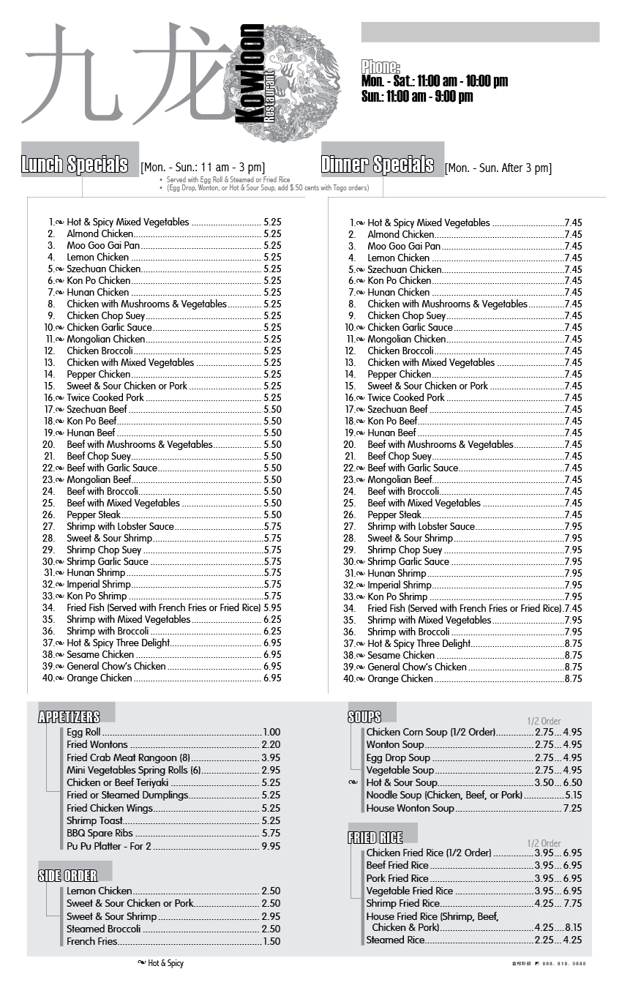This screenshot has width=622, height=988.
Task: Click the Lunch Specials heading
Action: pos(75,165)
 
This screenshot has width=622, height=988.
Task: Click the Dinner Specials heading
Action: pos(378,165)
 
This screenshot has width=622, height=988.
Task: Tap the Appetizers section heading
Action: pos(69,716)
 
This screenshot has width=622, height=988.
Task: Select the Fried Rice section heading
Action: pos(375,838)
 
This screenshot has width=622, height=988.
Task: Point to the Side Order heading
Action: pos(67,875)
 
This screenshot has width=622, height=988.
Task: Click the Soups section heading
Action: pos(364,717)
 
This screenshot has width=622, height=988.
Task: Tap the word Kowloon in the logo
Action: pos(252,73)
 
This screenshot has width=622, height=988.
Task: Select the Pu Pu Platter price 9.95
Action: pos(271,846)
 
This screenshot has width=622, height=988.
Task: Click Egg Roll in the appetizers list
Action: pos(83,732)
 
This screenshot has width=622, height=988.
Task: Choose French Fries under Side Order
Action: pos(91,942)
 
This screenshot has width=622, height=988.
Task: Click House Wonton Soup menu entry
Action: pos(410,809)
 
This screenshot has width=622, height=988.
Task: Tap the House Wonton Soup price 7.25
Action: pos(572,809)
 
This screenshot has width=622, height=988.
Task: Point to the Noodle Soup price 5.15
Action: pos(573,796)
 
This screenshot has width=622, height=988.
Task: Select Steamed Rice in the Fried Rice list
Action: pos(395,940)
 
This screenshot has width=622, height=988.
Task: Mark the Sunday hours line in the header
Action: pos(417,96)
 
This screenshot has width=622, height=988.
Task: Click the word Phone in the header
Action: pos(381,67)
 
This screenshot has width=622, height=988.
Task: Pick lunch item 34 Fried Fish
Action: pos(163,608)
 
